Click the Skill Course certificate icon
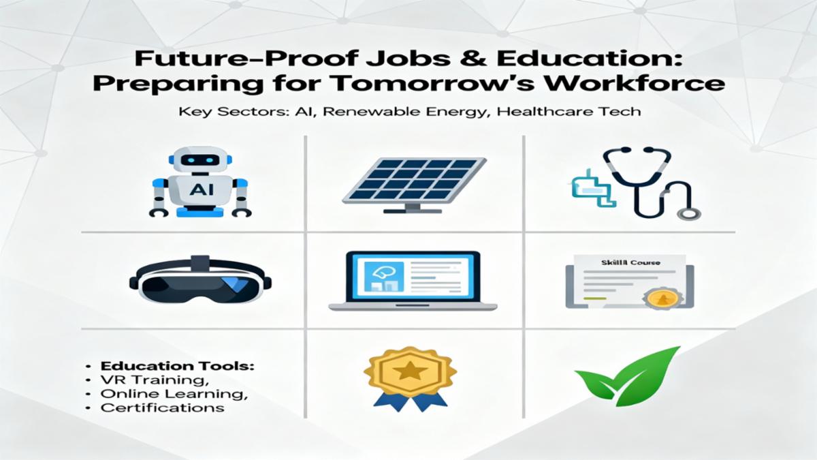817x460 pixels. pyautogui.click(x=630, y=281)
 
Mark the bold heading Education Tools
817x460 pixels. pyautogui.click(x=178, y=366)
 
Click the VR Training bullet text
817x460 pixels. pyautogui.click(x=143, y=380)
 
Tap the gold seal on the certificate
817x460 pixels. pyautogui.click(x=660, y=298)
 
